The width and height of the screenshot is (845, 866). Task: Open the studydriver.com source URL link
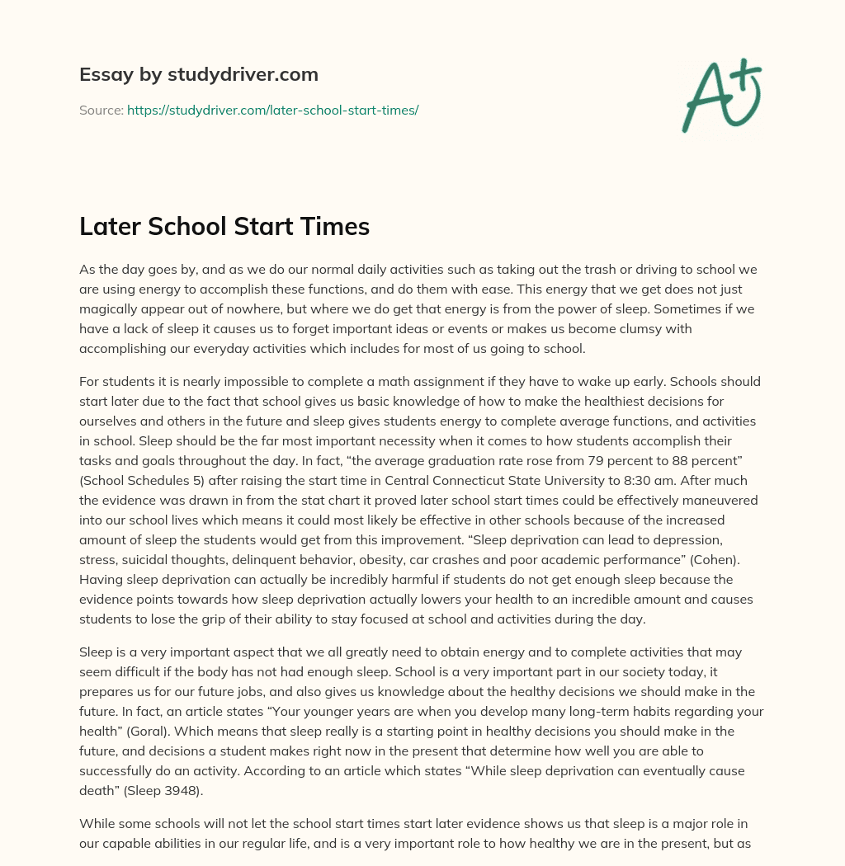272,110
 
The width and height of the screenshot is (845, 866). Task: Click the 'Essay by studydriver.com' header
199,74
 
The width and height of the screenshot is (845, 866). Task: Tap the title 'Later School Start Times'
224,227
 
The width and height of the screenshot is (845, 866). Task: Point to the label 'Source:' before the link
101,110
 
